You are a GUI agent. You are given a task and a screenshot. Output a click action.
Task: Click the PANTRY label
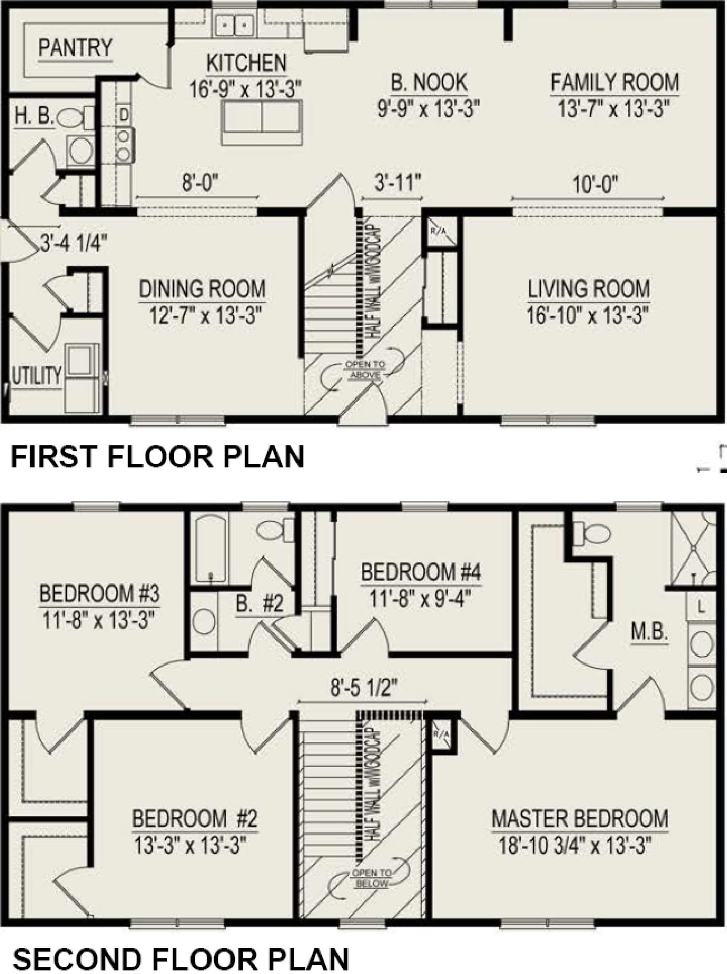click(75, 47)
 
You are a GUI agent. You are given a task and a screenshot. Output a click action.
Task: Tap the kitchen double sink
click(233, 26)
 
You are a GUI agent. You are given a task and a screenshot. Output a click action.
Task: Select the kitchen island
click(262, 122)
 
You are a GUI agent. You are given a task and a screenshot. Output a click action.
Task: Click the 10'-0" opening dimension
click(589, 185)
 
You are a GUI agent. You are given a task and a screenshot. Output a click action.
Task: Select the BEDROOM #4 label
click(421, 573)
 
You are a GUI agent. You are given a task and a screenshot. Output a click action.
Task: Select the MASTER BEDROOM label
click(580, 817)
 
